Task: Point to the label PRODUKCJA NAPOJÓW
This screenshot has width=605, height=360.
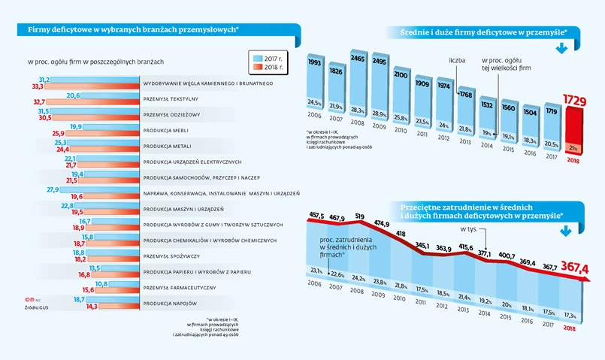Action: point(169,303)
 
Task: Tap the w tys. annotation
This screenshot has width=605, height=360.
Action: point(468,228)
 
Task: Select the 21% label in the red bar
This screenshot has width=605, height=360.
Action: point(573,147)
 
